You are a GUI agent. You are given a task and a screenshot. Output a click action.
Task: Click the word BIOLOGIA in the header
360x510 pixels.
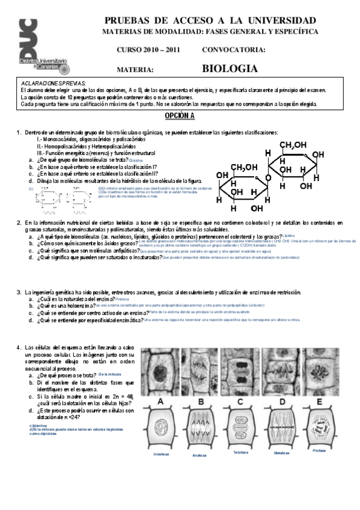(230, 69)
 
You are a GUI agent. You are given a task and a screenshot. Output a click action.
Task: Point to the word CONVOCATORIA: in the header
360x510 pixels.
(234, 50)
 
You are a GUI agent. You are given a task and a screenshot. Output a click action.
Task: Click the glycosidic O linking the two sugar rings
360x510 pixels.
(267, 178)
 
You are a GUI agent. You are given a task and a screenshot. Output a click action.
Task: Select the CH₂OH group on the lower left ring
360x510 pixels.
(244, 167)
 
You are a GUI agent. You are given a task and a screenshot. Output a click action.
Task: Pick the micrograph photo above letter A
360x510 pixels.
(160, 369)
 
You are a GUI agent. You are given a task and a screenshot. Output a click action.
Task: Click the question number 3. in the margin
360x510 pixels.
(19, 292)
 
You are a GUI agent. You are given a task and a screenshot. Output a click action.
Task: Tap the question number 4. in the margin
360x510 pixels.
(19, 348)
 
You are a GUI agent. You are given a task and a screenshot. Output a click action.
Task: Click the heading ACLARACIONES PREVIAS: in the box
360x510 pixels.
(52, 84)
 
